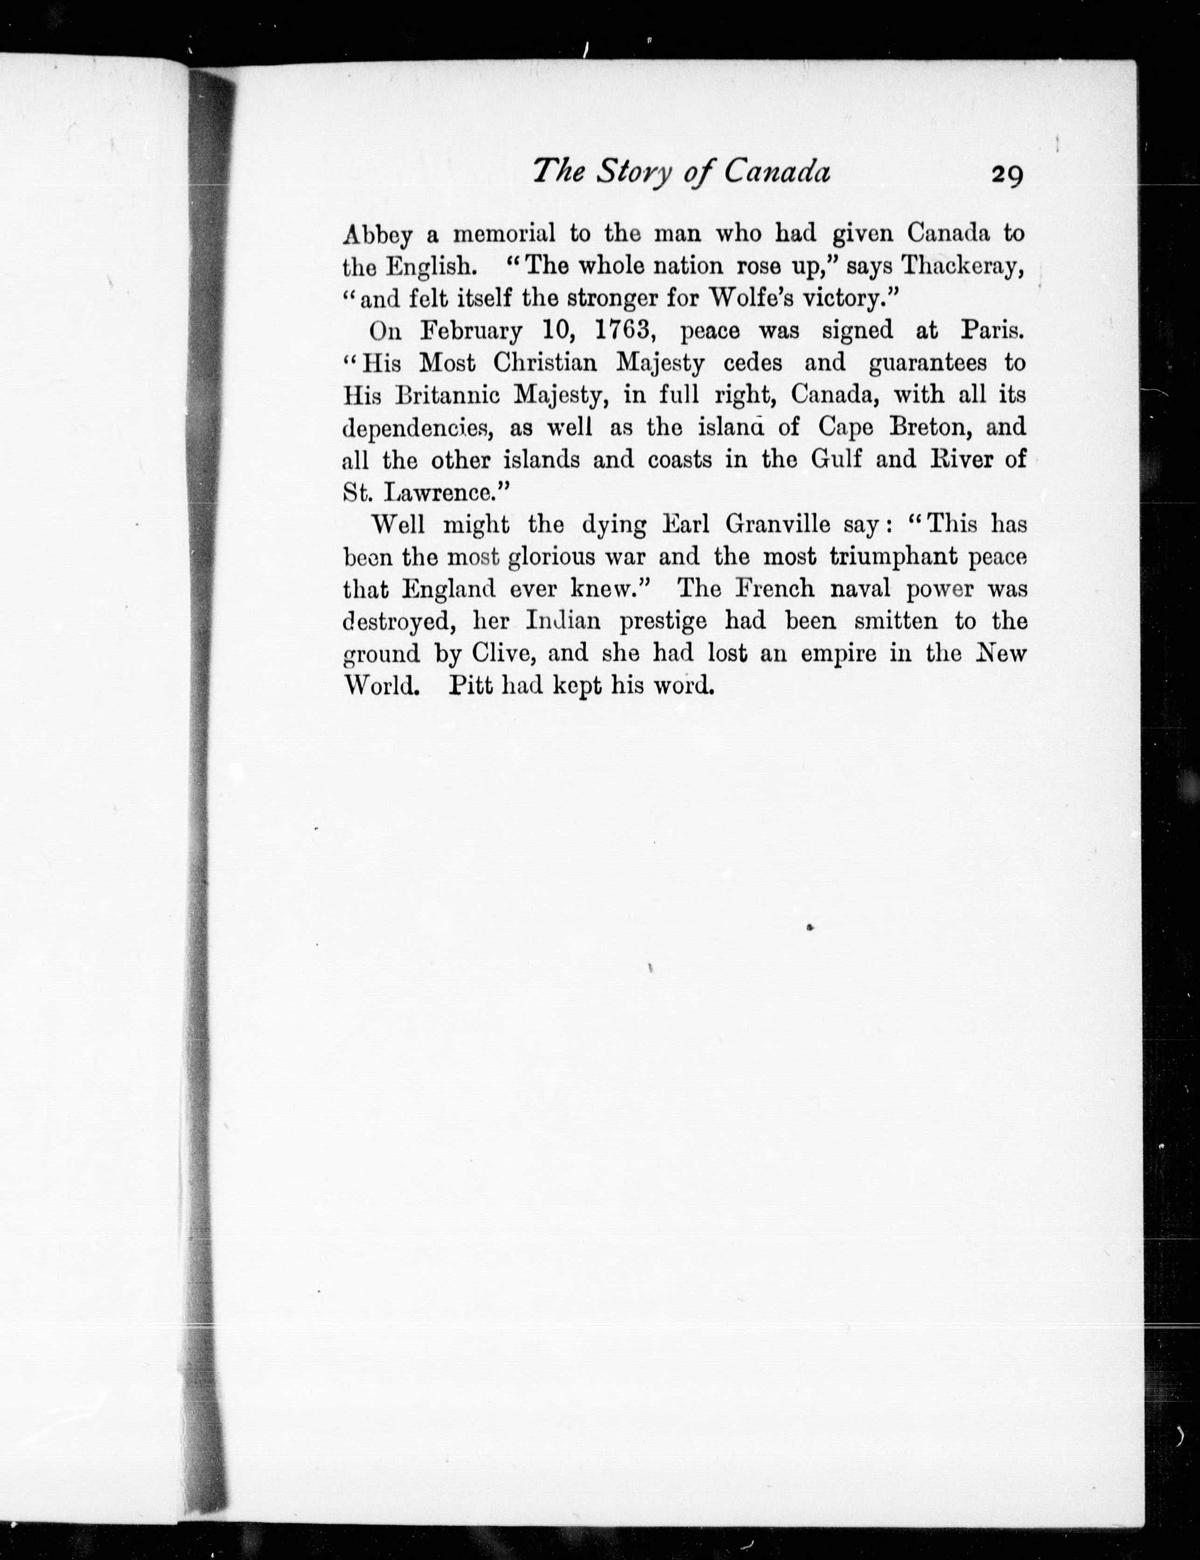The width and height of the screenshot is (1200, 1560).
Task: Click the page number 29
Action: pyautogui.click(x=1006, y=175)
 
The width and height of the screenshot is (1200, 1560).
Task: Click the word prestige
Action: pyautogui.click(x=663, y=621)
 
